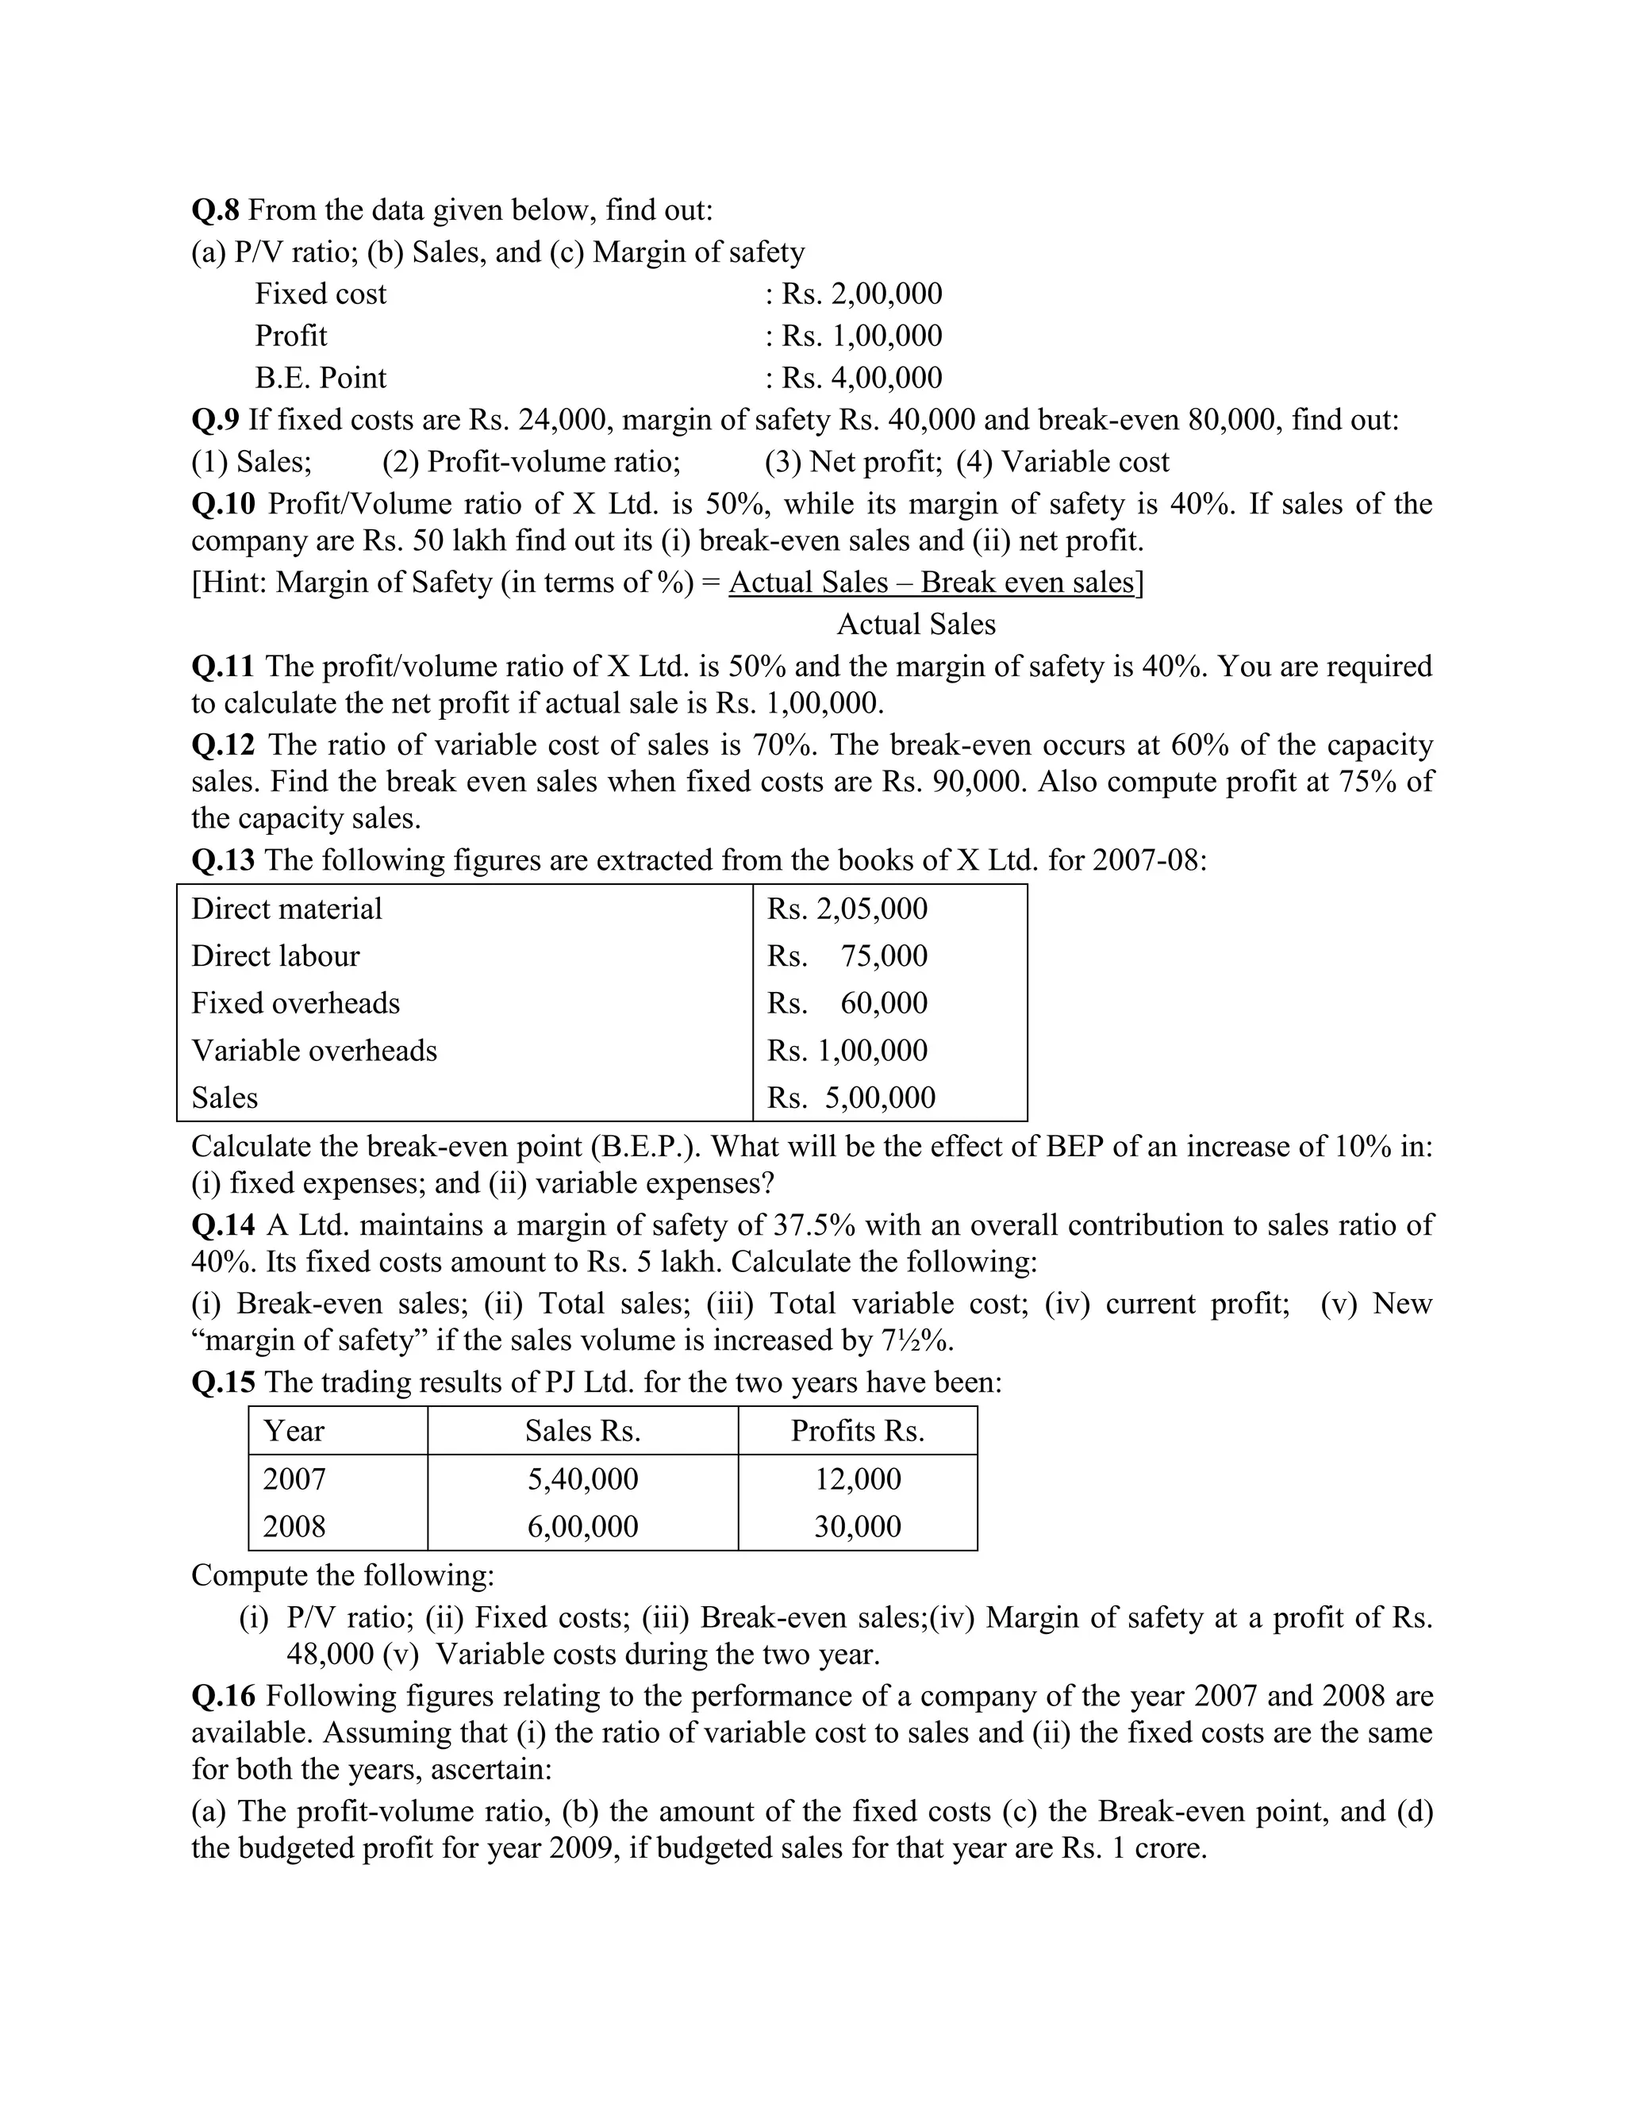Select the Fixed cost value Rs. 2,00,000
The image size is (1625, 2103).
click(x=861, y=294)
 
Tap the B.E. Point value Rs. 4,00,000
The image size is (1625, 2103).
click(x=861, y=378)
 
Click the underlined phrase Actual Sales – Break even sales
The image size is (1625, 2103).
click(x=931, y=582)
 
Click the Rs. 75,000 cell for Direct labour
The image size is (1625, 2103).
click(x=847, y=955)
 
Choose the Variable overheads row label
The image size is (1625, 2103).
click(x=314, y=1050)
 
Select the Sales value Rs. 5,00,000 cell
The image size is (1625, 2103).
click(x=851, y=1097)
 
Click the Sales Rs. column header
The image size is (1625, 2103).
click(x=582, y=1431)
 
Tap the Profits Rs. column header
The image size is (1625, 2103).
click(x=858, y=1431)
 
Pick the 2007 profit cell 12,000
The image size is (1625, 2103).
click(x=858, y=1479)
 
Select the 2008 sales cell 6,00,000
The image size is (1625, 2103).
click(x=582, y=1526)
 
